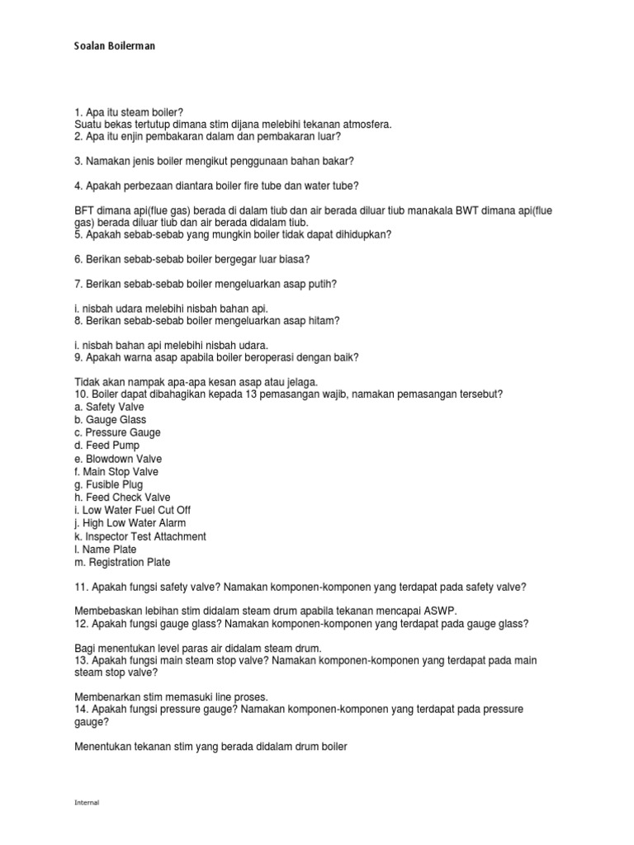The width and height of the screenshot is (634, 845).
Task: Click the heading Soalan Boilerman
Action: [x=115, y=46]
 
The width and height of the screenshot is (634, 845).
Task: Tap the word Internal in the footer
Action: [x=87, y=802]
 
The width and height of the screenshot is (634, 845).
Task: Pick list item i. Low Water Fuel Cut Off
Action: [x=132, y=510]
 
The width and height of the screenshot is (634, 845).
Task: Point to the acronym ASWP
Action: [x=437, y=610]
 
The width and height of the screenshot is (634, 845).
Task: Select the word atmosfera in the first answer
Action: [x=364, y=125]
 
